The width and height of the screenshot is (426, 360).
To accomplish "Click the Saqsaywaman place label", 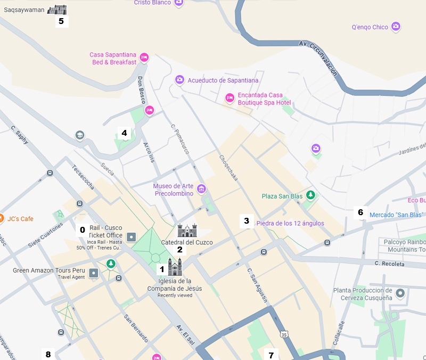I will point(24,10).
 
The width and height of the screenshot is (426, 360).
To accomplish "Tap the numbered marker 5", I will point(61,21).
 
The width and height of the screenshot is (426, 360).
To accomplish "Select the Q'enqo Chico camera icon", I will point(396,27).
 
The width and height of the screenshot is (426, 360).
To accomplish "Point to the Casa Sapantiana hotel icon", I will point(144,58).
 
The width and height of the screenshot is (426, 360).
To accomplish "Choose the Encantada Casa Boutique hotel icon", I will point(230,98).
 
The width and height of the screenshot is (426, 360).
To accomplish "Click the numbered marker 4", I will point(124,133).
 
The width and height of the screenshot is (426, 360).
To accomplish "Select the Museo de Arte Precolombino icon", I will point(201,189).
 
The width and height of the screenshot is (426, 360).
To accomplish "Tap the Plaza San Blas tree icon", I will point(311,196).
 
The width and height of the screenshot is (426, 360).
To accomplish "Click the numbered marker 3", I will point(246,220).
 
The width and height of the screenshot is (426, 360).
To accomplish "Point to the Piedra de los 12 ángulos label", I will point(290,223).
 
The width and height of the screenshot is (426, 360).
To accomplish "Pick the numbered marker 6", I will point(361,212).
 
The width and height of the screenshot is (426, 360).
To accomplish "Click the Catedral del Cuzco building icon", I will point(187,231).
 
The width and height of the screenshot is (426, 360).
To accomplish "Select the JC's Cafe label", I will point(20,218).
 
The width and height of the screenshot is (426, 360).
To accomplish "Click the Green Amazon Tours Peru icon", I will point(94,273).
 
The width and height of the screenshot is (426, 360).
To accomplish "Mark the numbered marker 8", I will point(48,354).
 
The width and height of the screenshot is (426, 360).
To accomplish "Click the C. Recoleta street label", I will point(389,264).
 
